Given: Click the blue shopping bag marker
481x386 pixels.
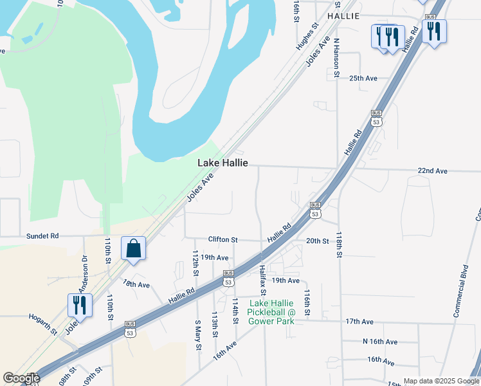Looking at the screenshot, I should pos(133,249).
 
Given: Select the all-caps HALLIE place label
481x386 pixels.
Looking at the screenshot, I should pos(343,15).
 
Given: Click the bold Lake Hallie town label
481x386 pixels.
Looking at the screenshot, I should pos(222,163).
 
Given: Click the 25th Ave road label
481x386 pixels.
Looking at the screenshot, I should pos(363,78).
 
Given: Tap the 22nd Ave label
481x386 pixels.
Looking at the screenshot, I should pos(432,170).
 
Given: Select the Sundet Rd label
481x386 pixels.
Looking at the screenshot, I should pos(42,236).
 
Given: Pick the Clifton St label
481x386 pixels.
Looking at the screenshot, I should pos(222,239).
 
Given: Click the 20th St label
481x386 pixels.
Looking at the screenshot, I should pos(317,241).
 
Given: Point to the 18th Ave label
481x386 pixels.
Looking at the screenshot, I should pos(136,284).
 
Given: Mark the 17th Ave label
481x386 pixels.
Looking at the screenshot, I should pos(359,321).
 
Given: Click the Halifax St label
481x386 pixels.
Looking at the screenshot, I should pos(263,279).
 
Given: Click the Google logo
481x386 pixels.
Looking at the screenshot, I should pos(21,378).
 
